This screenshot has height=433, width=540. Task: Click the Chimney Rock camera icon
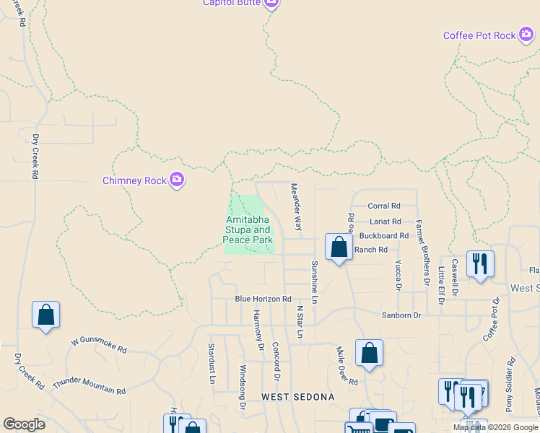177,180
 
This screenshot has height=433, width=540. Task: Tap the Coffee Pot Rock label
479,35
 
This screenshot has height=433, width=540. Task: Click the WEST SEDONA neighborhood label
298,397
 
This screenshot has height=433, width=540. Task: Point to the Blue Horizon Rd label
263,299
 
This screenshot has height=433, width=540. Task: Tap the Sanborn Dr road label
401,315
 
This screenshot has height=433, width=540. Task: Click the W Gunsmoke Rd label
99,346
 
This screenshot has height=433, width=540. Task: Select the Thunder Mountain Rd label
89,385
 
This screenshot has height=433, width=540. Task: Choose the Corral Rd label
384,206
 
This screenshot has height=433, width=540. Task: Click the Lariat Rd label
384,222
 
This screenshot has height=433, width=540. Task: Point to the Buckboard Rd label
383,236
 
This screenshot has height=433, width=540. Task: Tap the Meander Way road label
295,206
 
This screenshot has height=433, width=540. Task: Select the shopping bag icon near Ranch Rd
339,248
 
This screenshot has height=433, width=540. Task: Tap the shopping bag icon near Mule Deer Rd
369,354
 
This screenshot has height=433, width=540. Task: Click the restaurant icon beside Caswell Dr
480,264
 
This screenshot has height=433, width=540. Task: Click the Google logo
24,424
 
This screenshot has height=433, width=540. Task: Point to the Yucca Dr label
398,276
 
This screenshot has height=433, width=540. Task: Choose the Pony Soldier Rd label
510,384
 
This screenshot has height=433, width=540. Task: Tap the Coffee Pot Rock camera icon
526,34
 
